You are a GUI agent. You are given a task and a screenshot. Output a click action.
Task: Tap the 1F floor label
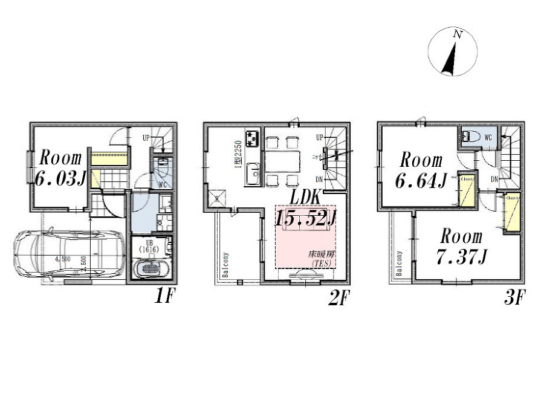point(163,298)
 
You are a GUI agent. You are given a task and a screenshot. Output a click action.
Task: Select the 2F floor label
point(338,298)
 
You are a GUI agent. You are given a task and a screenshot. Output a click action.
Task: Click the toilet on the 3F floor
point(472,137)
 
